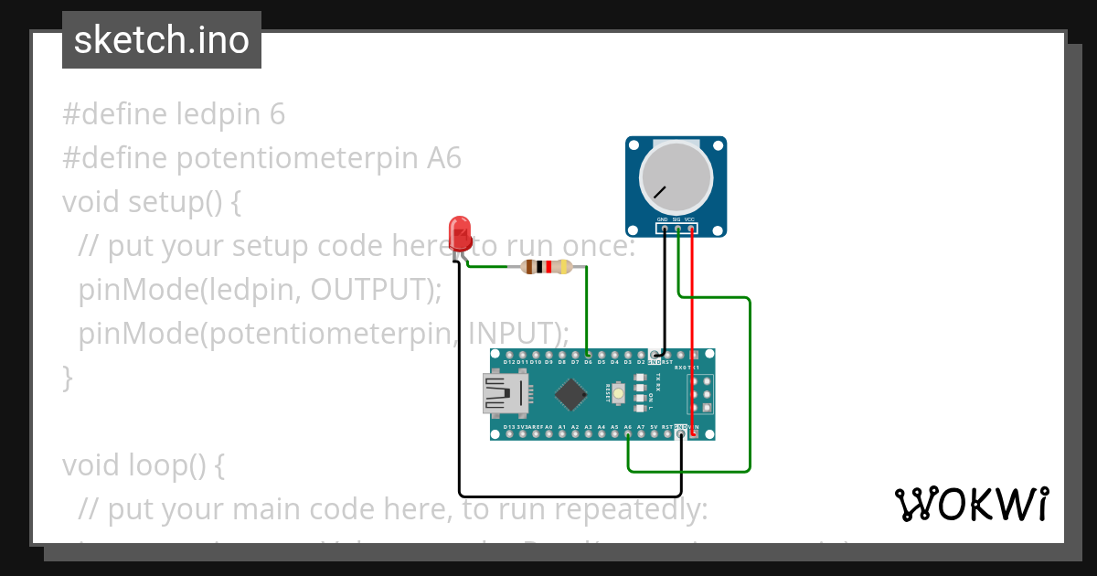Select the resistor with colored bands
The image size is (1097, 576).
tap(546, 267)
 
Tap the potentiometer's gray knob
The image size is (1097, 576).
tap(675, 177)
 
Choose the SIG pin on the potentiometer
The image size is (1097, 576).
tap(677, 229)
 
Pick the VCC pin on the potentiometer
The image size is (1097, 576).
tap(691, 229)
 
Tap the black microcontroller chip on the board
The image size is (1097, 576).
tap(571, 394)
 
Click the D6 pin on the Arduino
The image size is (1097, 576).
tap(588, 354)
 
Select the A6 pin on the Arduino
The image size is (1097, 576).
tap(628, 434)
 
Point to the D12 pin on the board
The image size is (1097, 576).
tap(508, 354)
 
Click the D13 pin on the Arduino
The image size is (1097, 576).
tap(508, 434)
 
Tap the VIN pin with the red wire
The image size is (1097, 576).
tap(695, 434)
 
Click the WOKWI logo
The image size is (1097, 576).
tap(972, 505)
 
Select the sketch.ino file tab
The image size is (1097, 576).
tap(162, 40)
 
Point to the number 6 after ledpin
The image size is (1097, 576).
tap(278, 114)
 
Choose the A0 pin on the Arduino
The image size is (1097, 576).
tap(548, 434)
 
